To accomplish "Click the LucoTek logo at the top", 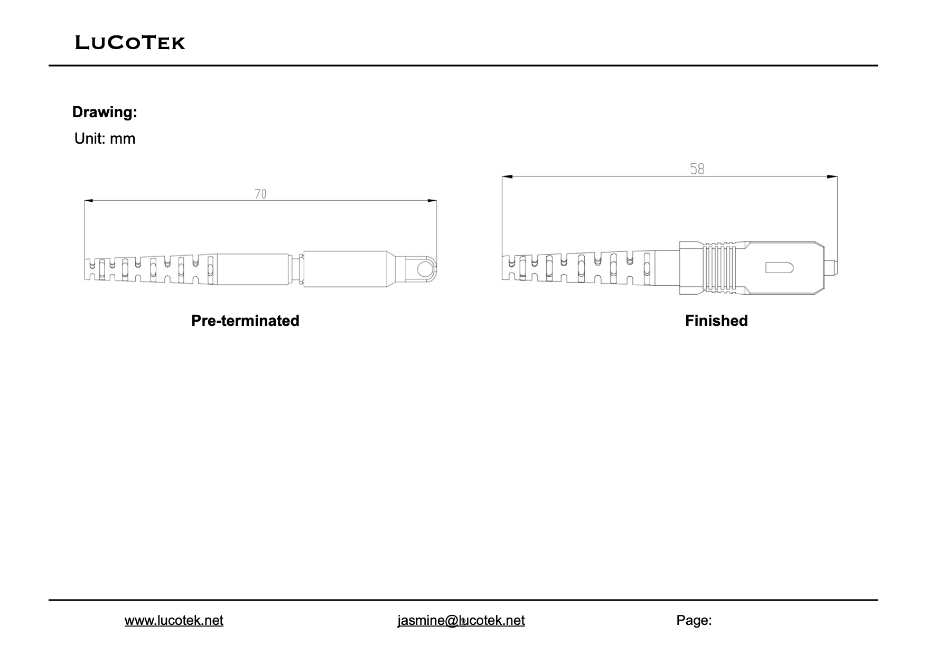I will coord(130,42).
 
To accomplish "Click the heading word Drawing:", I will coord(105,112).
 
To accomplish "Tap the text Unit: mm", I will coord(105,138).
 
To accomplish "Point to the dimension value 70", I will coord(260,194).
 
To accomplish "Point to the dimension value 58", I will coord(697,169).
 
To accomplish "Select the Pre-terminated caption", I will coord(245,321).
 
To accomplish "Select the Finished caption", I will coord(716,321).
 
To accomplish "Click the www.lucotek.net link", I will coord(174,620).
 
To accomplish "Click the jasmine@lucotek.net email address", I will coord(461,620).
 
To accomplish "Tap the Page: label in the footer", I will coord(694,620).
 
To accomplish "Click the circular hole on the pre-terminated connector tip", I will coord(424,269).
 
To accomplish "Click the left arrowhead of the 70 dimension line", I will coord(89,201).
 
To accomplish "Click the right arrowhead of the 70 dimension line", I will coord(433,201).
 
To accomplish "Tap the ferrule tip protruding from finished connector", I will coord(831,268).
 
